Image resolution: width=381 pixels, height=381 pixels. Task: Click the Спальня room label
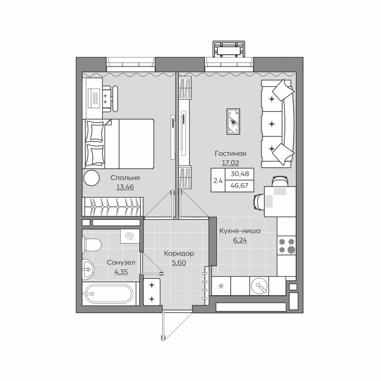(125, 178)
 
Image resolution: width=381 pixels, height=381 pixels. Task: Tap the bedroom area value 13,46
(125, 188)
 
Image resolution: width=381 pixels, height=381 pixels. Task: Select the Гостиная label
(230, 154)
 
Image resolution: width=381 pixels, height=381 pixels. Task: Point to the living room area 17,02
(230, 163)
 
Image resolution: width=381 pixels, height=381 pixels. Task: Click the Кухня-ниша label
(240, 231)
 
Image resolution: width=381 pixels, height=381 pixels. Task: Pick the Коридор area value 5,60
(179, 262)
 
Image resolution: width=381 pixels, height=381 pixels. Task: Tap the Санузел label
(121, 262)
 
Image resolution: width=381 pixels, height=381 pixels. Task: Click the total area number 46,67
(240, 186)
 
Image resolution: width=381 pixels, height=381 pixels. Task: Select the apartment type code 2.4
(218, 181)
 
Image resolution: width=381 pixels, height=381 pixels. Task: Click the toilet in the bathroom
(92, 245)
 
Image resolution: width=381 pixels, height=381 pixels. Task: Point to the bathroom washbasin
(88, 269)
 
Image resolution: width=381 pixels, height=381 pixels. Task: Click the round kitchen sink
(259, 286)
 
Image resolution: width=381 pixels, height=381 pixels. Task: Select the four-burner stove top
(287, 246)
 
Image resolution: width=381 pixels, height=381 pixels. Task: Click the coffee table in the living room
(233, 122)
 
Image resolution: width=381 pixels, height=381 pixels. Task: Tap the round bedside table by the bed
(92, 178)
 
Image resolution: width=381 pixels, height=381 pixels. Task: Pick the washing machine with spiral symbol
(130, 236)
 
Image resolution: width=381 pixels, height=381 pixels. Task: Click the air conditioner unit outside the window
(229, 49)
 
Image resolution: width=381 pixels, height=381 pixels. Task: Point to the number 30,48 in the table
(240, 174)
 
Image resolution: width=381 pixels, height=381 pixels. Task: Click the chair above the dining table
(280, 181)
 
